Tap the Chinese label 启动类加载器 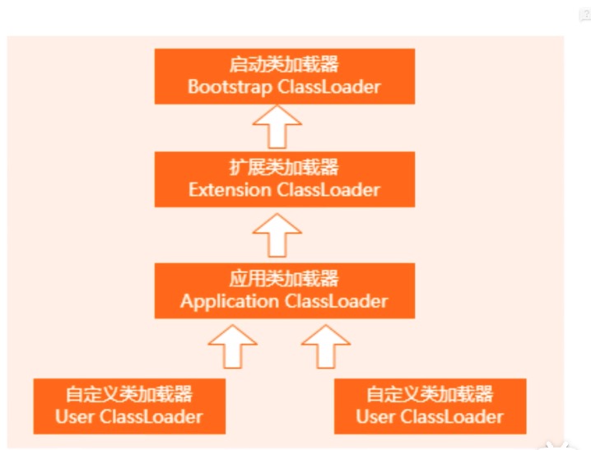(x=284, y=65)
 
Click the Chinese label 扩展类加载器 (x=284, y=169)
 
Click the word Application (x=230, y=301)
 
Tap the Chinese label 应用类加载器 (x=284, y=279)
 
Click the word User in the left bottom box (x=75, y=416)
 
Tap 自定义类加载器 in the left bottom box (x=129, y=393)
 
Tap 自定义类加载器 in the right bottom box (x=430, y=393)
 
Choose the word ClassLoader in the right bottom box (x=451, y=416)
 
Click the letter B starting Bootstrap (x=193, y=86)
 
